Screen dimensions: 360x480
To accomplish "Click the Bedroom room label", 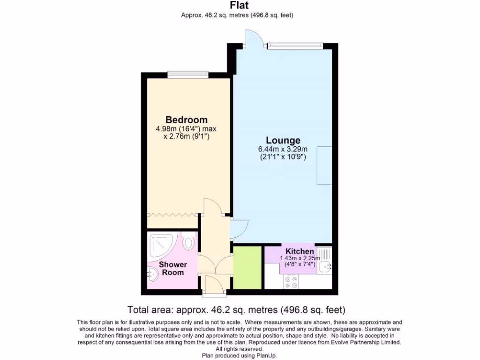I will click(186, 120).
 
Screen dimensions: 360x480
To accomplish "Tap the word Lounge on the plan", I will click(283, 140).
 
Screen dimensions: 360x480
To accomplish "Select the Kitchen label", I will click(300, 252).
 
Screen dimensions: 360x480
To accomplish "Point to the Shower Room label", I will click(172, 268).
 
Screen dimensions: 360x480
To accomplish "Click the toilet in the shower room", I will click(189, 242).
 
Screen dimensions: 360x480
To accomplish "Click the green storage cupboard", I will click(247, 268).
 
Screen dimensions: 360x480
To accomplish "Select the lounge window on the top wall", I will click(295, 45).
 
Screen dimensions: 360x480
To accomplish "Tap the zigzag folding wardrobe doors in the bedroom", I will click(173, 214).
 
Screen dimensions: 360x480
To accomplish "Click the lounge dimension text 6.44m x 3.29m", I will click(283, 150).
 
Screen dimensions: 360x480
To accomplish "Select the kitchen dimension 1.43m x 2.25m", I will click(300, 258).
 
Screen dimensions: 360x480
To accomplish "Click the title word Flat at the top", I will click(240, 6).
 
